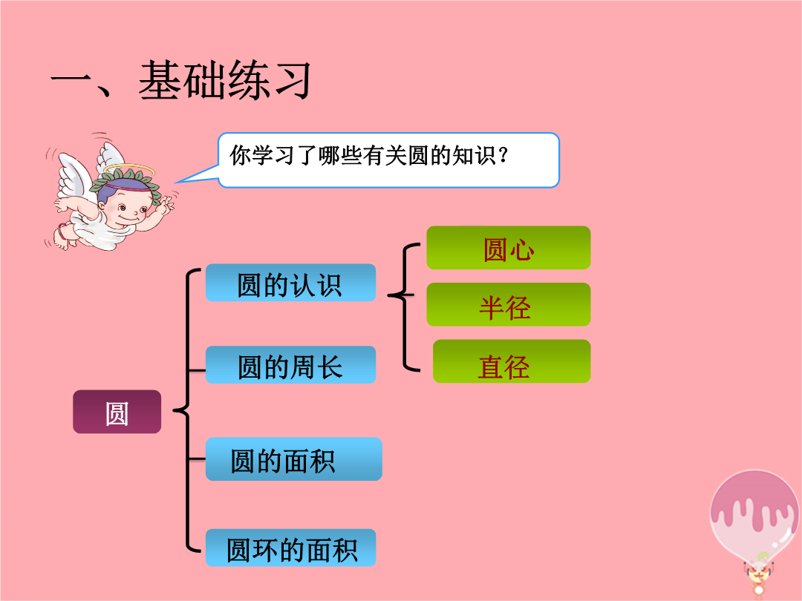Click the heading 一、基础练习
point(180,80)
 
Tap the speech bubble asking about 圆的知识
point(388,160)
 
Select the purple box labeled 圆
point(117,412)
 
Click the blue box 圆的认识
point(290,283)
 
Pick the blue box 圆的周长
point(290,365)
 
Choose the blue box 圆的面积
point(293,459)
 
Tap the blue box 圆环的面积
point(290,548)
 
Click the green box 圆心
point(509,248)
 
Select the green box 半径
point(509,305)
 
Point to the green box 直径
point(512,361)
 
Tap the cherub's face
point(128,206)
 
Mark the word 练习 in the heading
point(268,80)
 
